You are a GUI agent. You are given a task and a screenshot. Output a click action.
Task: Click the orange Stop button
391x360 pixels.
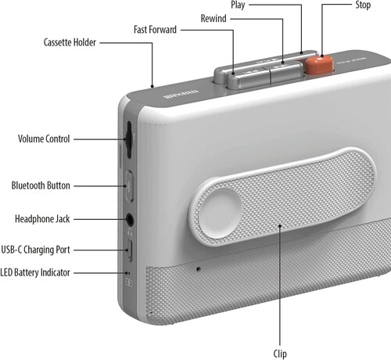320,65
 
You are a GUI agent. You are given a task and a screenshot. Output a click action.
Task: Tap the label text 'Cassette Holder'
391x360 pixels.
70,42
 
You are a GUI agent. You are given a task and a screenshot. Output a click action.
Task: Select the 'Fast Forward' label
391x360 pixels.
155,30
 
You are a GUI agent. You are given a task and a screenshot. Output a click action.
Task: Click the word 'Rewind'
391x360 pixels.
213,19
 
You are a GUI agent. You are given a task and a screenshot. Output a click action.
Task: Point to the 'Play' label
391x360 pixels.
238,5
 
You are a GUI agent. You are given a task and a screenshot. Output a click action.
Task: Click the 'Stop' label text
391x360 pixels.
363,5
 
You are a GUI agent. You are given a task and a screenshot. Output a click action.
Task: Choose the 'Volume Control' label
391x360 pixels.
44,139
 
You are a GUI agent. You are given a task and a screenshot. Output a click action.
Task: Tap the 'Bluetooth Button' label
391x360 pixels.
41,185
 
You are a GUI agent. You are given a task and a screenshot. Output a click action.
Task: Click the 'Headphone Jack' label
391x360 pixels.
42,219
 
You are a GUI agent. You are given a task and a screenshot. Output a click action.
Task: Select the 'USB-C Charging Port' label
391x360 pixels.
35,250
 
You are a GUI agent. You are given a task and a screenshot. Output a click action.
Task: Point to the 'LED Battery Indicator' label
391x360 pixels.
35,272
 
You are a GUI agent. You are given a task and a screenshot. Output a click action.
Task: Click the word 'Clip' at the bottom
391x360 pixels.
280,354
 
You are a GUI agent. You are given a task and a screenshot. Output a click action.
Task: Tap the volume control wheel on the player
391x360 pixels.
128,140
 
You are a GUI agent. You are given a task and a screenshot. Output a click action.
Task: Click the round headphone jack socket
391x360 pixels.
130,220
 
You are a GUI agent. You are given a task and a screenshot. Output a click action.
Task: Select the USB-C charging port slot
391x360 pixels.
130,250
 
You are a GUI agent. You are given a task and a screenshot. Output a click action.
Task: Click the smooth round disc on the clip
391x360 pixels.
221,213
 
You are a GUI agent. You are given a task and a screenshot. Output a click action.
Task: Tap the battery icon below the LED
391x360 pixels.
129,283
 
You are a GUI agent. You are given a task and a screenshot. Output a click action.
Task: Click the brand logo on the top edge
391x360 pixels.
181,95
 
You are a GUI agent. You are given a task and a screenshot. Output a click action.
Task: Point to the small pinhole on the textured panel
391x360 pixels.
199,268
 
